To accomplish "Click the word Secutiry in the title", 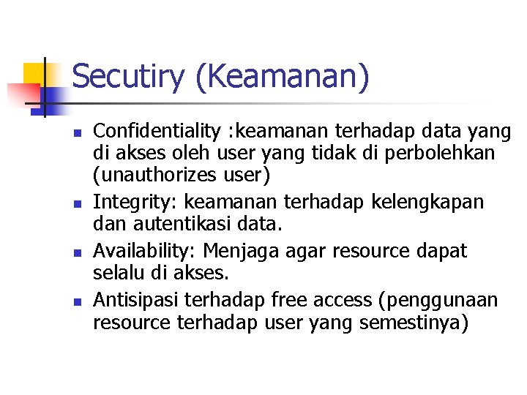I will (129, 77).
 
